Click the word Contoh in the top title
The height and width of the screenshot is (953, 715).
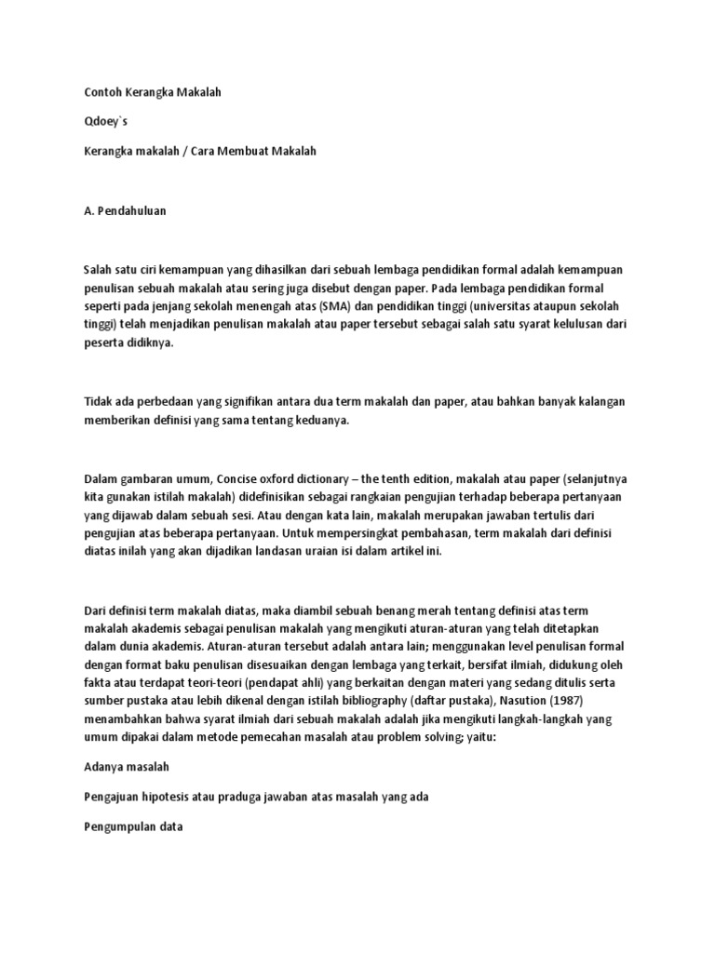point(101,92)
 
